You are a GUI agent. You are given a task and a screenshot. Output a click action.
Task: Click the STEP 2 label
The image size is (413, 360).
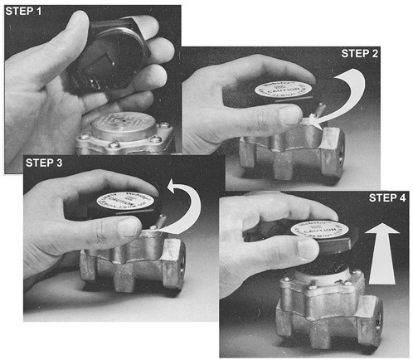(x=359, y=53)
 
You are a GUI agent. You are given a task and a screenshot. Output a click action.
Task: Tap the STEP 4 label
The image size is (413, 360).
(x=386, y=201)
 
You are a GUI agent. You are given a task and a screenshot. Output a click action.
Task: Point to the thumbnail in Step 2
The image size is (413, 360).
(x=289, y=115)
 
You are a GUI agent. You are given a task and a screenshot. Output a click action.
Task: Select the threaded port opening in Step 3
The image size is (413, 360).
(x=175, y=273)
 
